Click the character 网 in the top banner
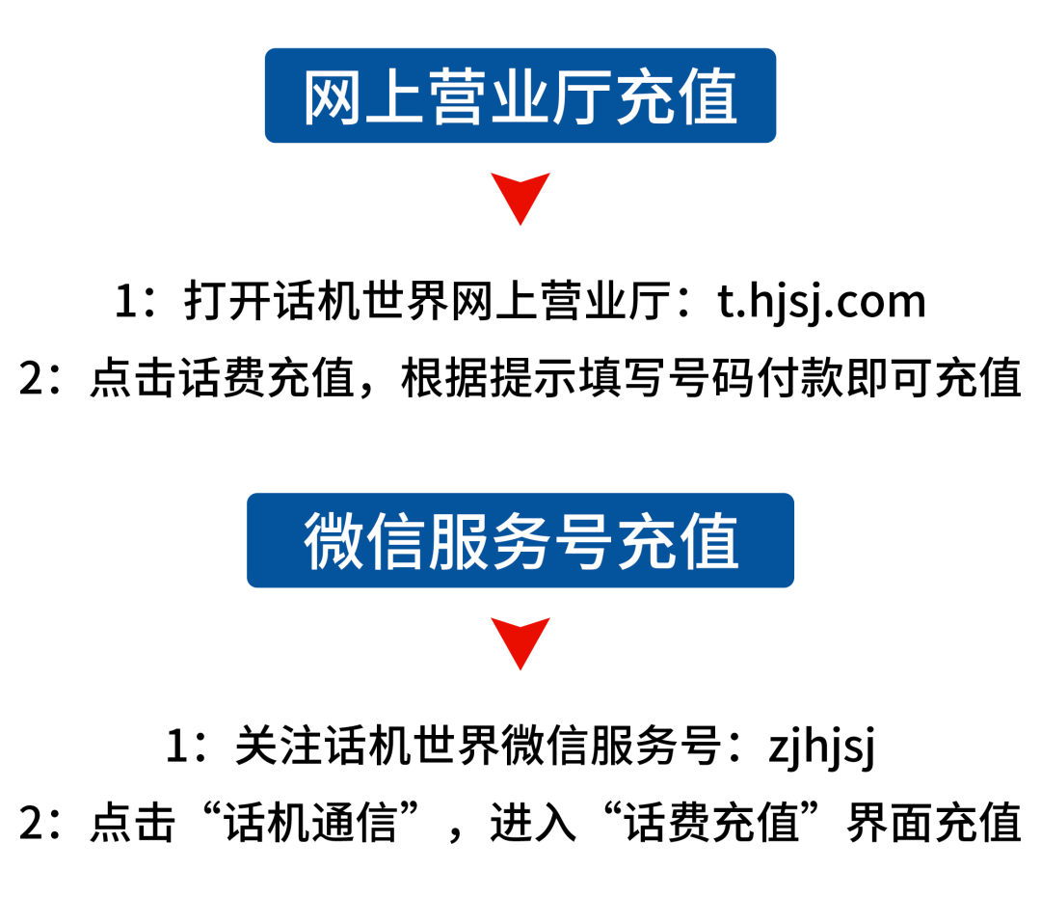(x=334, y=98)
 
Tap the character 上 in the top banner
(x=395, y=98)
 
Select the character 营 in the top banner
(x=458, y=98)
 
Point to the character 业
(x=520, y=98)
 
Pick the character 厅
(x=582, y=98)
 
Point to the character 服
(x=458, y=542)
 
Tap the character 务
(x=520, y=542)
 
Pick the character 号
(x=582, y=542)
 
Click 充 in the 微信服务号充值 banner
(x=645, y=542)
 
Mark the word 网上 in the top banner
(x=364, y=98)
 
